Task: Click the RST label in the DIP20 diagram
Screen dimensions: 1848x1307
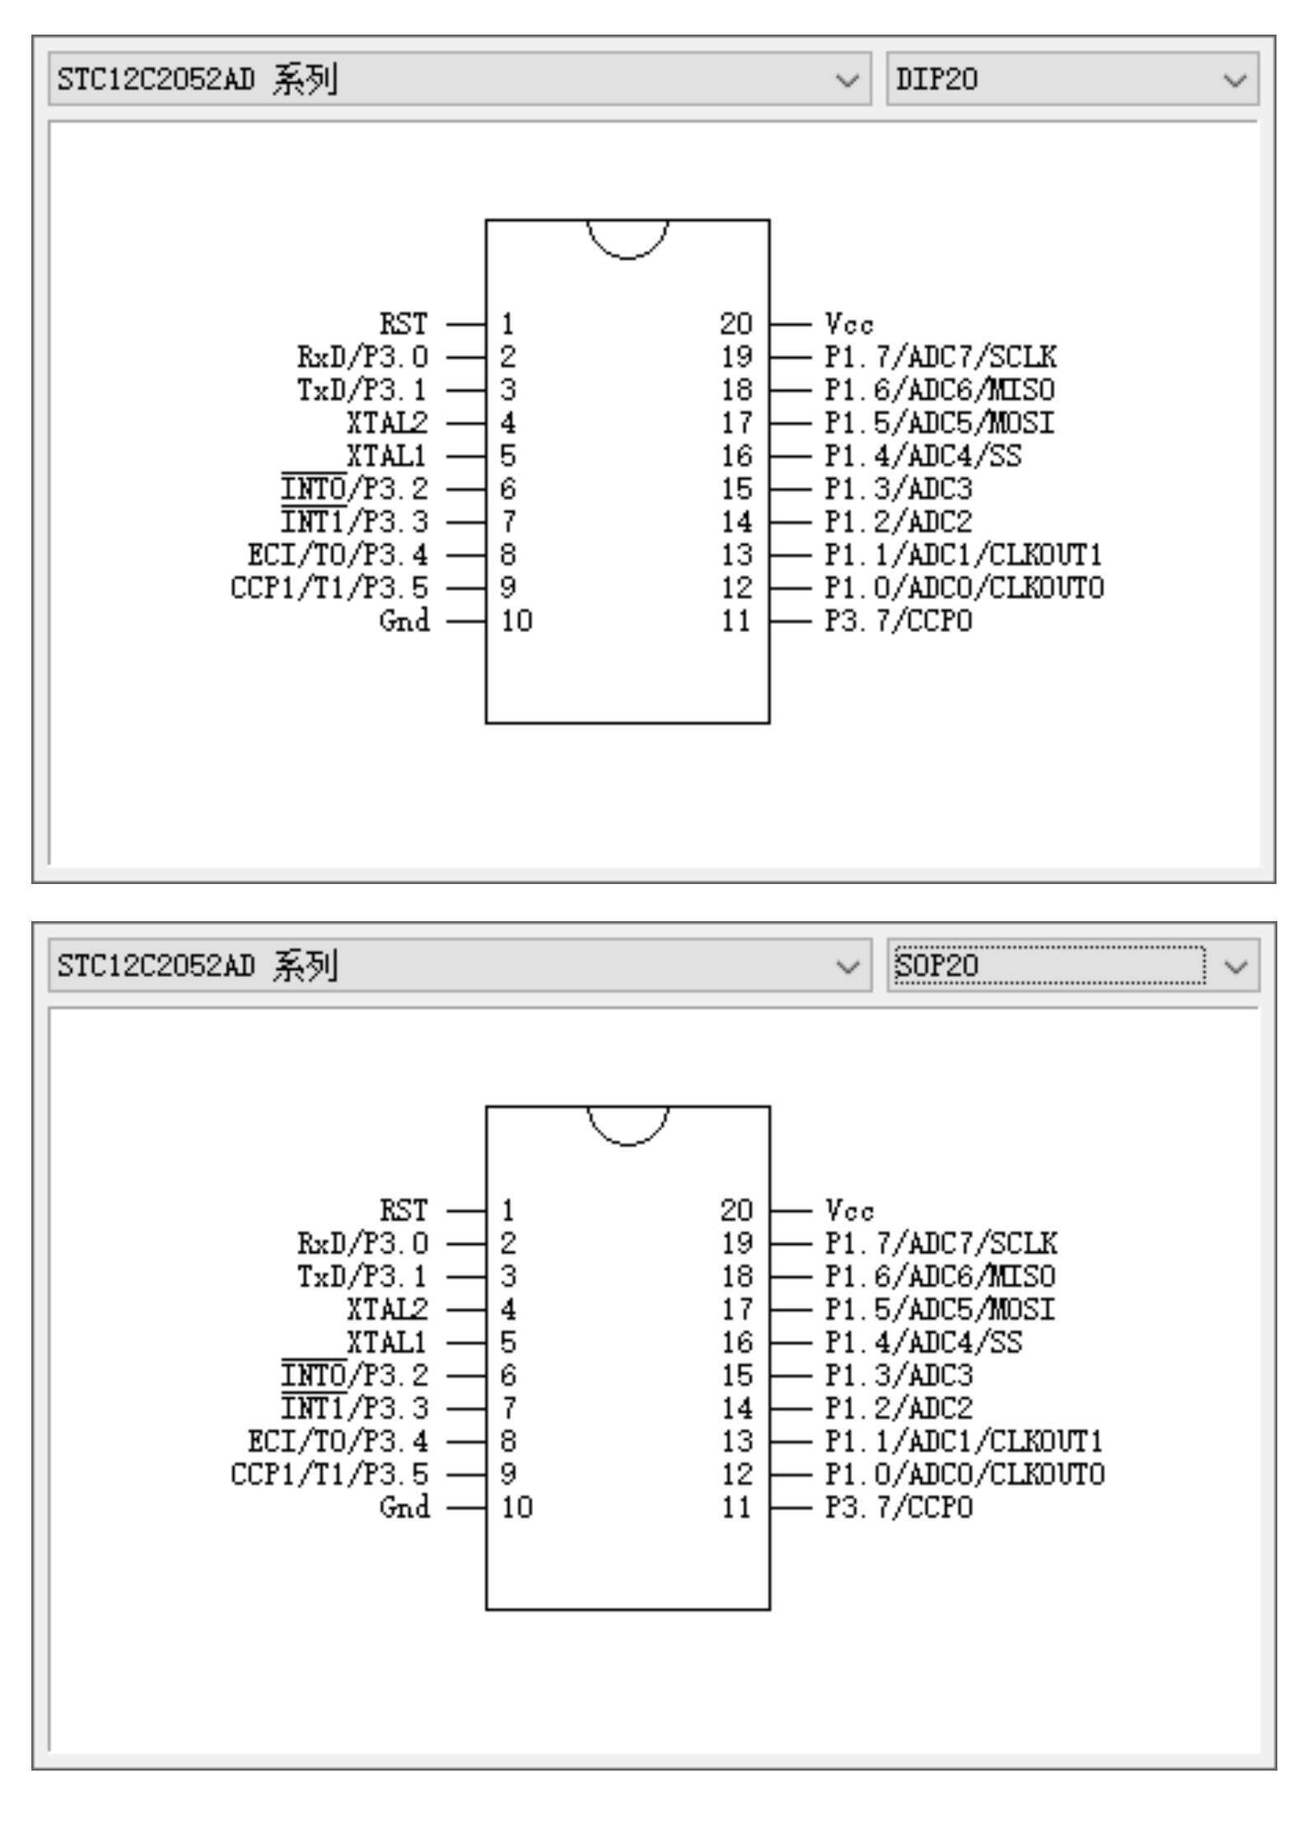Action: [x=404, y=324]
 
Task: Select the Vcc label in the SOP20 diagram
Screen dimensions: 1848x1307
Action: [x=849, y=1210]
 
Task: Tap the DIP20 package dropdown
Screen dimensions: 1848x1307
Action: [x=1071, y=79]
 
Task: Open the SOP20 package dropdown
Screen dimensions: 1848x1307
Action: [x=1071, y=965]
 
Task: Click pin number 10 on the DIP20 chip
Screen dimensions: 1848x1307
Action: [x=516, y=620]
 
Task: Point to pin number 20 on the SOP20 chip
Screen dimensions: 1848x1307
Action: [x=736, y=1210]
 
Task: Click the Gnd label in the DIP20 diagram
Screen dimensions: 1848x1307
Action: [x=404, y=620]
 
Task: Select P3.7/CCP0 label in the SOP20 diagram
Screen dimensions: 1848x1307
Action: [x=899, y=1506]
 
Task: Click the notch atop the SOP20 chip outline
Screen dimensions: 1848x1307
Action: [x=628, y=1124]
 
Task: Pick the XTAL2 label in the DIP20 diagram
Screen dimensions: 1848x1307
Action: [x=387, y=422]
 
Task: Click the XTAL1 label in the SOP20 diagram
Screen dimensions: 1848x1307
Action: [x=387, y=1342]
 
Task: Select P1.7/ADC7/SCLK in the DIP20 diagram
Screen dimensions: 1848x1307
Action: [x=941, y=356]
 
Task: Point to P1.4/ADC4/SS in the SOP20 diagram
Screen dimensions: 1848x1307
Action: [x=923, y=1342]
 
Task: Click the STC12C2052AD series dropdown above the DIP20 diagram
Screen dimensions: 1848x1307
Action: [x=459, y=79]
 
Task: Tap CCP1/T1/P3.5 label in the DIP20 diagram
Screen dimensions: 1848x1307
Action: [x=329, y=587]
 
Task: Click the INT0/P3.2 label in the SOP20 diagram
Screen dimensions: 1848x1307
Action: [x=355, y=1375]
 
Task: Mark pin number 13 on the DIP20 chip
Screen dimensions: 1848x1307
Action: [x=736, y=554]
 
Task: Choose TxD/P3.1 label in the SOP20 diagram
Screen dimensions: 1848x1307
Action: [x=362, y=1276]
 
